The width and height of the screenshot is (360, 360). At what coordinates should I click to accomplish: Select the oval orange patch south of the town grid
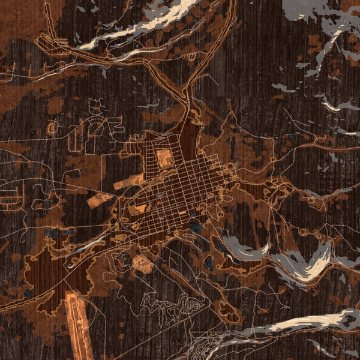click(x=143, y=263)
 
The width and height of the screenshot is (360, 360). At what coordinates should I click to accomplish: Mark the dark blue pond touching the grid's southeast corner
click(x=196, y=227)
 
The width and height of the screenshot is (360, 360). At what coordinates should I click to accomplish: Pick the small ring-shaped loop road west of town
click(x=52, y=128)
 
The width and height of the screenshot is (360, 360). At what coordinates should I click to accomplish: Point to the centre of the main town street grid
click(x=174, y=192)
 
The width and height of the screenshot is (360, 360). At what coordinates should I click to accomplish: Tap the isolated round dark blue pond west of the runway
click(x=27, y=293)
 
